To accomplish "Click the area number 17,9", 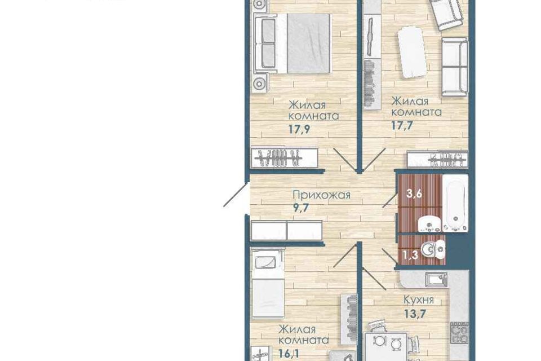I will coord(299,129).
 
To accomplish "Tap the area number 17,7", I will coord(402,125).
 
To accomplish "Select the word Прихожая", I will coord(321,195).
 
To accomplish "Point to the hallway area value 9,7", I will coord(300,208).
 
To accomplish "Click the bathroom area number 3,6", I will coord(414,194).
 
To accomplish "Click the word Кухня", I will coord(418,300).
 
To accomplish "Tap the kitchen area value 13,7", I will coord(414,313).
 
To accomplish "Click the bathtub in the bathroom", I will coord(455,203).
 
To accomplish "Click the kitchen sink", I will coord(436,279).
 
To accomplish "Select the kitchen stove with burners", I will coord(459,332).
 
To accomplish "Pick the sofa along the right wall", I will coord(455,67).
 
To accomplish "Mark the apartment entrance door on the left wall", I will coord(237,194).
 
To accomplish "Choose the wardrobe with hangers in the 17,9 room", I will coord(285,157).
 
